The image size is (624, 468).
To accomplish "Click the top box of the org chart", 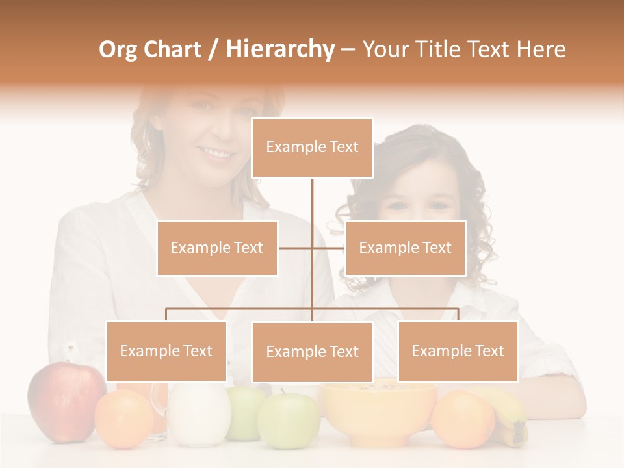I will click(312, 148).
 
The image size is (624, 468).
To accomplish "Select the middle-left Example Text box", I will click(217, 248).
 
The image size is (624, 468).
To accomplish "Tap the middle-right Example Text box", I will click(405, 248).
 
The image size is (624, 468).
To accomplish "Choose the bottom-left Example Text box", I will click(166, 351).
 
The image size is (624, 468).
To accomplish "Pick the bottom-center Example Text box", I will click(312, 352).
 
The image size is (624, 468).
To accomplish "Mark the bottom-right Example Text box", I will click(458, 351).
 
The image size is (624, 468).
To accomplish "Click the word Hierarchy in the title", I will click(279, 49).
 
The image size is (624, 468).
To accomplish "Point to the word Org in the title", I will click(120, 49).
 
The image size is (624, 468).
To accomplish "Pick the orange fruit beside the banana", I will click(463, 419).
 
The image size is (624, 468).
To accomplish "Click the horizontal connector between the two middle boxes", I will click(312, 248).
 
